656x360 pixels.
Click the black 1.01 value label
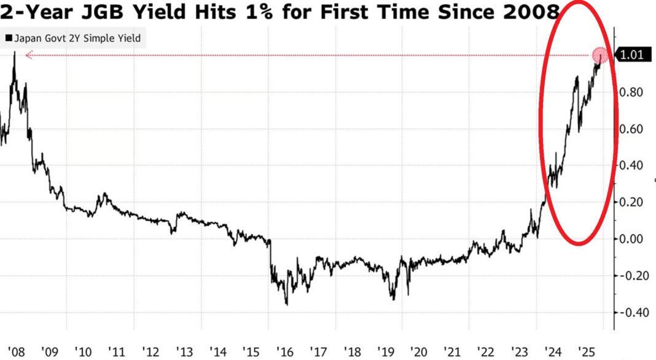632,55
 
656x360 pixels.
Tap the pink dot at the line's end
601,55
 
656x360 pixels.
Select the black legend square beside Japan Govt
9,38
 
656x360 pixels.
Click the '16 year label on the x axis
285,352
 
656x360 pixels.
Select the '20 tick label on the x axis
420,352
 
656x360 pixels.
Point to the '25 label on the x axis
587,352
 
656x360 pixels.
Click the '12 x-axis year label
150,352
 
